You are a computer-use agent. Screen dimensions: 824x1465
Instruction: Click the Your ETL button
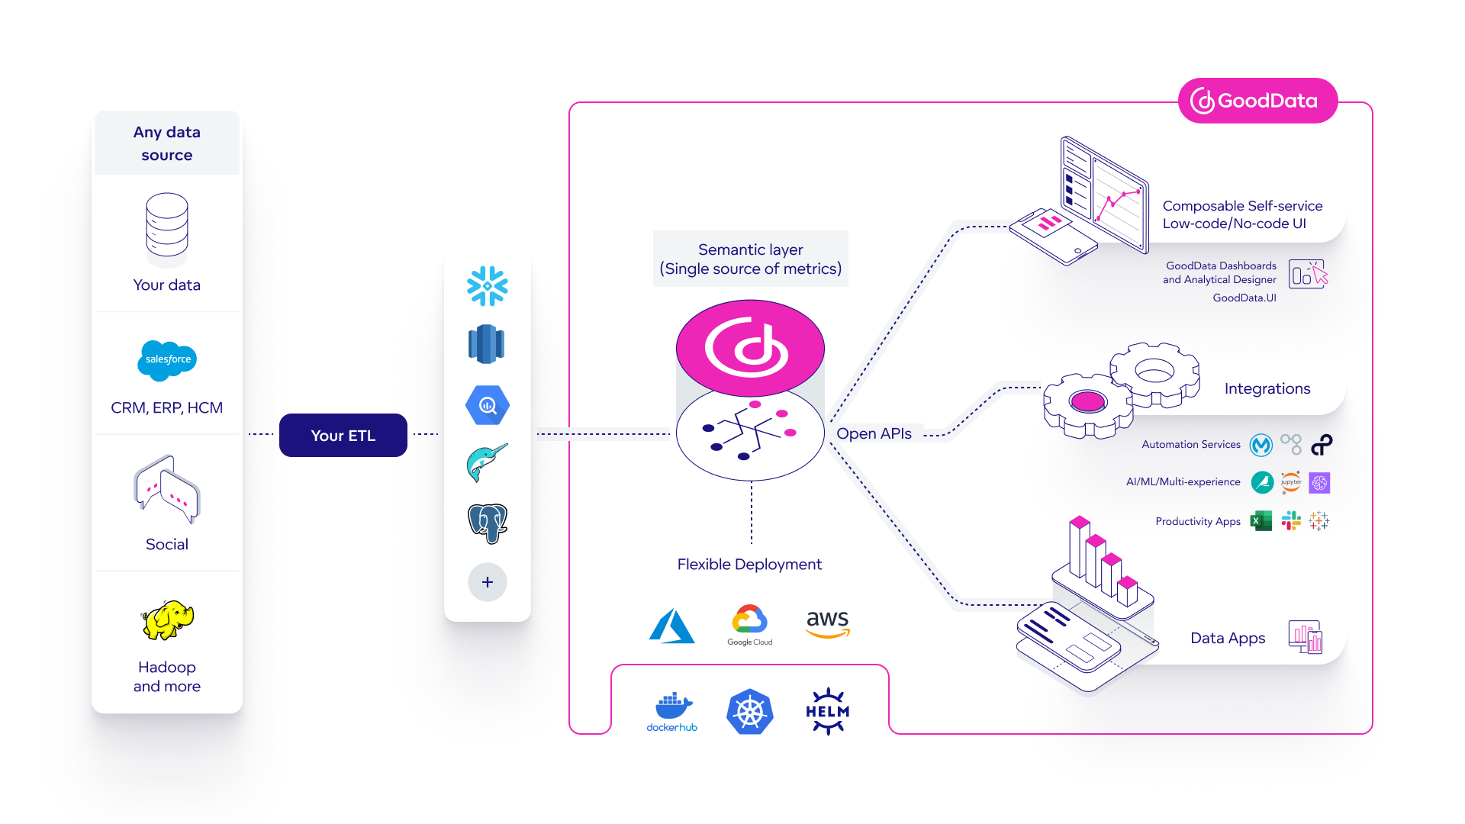click(343, 436)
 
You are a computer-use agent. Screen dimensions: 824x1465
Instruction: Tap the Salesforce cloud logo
click(167, 359)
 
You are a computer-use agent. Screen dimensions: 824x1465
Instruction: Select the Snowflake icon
click(487, 286)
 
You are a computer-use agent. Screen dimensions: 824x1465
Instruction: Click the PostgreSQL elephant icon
click(487, 523)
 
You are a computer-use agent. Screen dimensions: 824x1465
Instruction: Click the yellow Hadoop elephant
click(168, 620)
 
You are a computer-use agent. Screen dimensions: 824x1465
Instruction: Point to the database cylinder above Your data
click(166, 226)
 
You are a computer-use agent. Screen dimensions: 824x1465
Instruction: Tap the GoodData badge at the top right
click(1257, 101)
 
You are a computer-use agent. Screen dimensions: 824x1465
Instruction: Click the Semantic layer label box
click(750, 259)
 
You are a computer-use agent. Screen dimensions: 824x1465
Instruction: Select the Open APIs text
click(874, 433)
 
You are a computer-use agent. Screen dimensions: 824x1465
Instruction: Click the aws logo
click(828, 623)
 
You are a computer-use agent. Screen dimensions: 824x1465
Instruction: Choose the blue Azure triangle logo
click(671, 626)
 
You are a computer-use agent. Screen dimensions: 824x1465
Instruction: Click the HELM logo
click(828, 711)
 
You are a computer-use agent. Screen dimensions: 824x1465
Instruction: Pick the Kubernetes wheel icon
click(749, 713)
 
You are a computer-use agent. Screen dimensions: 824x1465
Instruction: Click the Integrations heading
click(1267, 388)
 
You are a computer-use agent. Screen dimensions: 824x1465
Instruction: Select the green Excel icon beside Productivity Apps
click(1261, 521)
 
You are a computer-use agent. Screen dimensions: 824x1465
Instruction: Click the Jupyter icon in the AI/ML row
click(1291, 482)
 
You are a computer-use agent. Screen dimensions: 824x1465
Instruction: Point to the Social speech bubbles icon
click(167, 490)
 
